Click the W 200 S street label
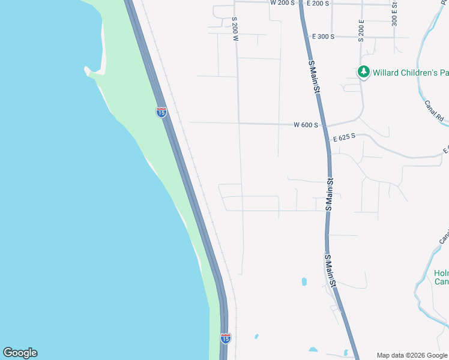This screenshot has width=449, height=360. coord(282,3)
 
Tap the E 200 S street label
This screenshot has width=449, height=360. coord(318,4)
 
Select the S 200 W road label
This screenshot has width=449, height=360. coord(236,28)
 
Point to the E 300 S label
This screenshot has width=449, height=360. coord(323,37)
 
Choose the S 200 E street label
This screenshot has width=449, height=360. coord(361,31)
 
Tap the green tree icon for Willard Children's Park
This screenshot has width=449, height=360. coord(363,72)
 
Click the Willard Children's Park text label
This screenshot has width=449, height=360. coord(411,73)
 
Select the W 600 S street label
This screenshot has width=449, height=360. coord(306,125)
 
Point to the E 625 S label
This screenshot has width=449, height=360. coord(345,137)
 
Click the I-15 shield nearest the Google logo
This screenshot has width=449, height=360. coord(225,338)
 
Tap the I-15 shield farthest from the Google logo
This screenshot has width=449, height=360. coord(161,112)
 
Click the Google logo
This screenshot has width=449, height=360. coord(20,353)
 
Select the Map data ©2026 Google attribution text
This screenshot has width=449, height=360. coord(412,355)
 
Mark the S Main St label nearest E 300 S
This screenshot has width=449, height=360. coord(313,76)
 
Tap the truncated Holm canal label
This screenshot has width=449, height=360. coord(441,277)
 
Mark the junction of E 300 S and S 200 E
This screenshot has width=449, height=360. coord(361,37)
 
